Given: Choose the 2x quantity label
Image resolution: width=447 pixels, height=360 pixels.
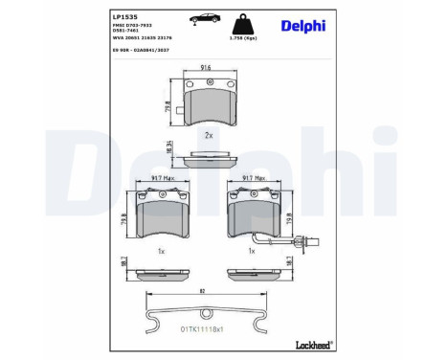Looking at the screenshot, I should (208, 134).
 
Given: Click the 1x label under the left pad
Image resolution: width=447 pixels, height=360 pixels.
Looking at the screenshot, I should (162, 251).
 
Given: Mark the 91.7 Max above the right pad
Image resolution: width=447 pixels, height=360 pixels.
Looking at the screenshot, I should (253, 178).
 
